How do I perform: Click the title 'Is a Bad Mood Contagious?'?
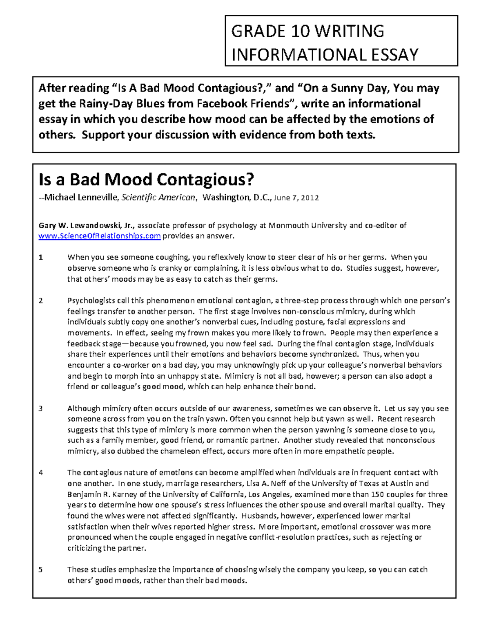click(146, 180)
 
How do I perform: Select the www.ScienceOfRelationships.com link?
click(100, 236)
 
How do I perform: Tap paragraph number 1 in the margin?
click(40, 258)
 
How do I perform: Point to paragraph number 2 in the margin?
click(40, 301)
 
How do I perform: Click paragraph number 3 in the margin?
click(40, 408)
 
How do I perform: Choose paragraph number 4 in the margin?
click(40, 473)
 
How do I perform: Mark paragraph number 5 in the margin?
click(40, 570)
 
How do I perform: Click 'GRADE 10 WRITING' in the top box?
click(307, 31)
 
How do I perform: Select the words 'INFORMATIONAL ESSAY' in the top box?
click(325, 54)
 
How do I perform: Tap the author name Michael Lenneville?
click(81, 198)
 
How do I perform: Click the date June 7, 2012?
click(296, 198)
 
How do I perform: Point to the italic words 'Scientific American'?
click(158, 198)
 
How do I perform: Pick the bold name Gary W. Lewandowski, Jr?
click(87, 225)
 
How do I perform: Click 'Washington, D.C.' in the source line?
click(236, 198)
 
